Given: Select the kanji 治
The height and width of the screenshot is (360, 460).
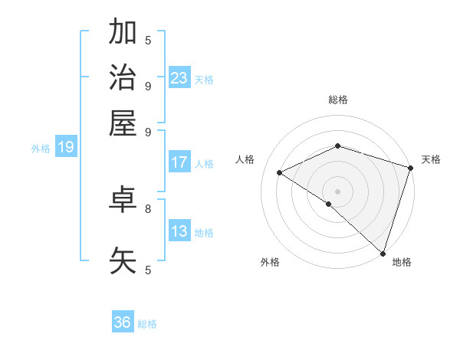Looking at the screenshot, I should pos(123,77).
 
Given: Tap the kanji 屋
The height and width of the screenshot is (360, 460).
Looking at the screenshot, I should pos(123,123).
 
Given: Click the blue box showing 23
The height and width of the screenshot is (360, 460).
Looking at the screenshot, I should pos(179,77).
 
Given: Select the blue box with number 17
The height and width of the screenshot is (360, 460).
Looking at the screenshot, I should pos(179,162).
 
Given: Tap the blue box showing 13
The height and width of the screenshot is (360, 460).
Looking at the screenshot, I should pos(179,231).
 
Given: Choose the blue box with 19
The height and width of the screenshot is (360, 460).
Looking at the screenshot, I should pos(66,148).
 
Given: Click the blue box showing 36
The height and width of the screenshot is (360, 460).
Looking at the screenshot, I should pos(123,322).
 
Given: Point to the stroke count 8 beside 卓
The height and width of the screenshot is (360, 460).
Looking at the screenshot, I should pos(148,208).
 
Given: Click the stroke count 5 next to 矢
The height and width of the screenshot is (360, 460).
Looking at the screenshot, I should pos(148,269).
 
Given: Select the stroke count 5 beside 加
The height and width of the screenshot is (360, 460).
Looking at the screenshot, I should pos(148,40).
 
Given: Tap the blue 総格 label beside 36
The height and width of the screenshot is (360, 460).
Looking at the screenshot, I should pos(148,324).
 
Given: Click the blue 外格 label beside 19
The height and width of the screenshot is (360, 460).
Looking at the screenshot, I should pos(40,149).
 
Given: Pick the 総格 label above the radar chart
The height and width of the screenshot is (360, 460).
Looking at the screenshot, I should pos(337,100).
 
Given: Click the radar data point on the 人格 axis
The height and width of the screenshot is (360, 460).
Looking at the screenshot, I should pos(280,173).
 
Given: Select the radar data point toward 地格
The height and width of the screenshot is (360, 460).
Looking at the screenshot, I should pos(383,253).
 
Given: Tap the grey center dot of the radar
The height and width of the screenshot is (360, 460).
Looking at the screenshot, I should pos(337,191).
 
